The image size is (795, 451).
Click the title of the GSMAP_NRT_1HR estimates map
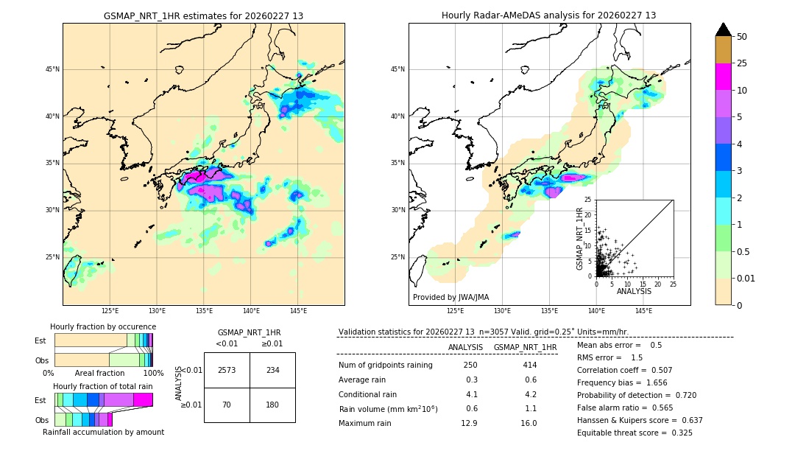point(203,15)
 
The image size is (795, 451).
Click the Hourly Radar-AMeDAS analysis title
point(548,15)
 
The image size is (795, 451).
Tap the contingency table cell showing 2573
point(227,370)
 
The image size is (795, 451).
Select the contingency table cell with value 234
point(272,370)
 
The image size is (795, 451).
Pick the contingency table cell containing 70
point(227,405)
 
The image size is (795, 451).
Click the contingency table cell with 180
point(272,405)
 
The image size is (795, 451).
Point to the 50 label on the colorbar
point(742,37)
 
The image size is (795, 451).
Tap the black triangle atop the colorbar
point(724,29)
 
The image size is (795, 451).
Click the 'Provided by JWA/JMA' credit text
point(451,297)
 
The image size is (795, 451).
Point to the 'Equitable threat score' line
point(635,433)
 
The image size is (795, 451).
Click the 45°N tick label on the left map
point(52,69)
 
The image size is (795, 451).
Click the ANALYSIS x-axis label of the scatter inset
point(634,291)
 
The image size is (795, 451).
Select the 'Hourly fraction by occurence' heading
point(103,326)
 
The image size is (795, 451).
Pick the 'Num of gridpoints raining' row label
point(385,365)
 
